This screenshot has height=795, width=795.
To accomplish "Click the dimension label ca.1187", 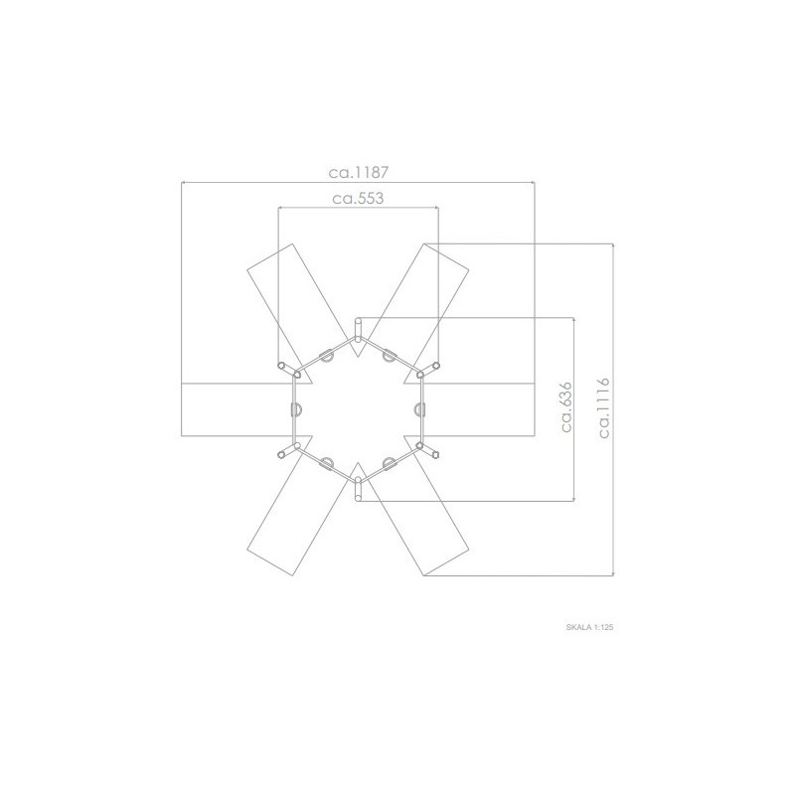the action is tap(359, 173).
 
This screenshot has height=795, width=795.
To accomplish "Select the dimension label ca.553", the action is tap(358, 198).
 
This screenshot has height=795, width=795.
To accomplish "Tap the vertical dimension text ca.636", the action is tap(566, 407).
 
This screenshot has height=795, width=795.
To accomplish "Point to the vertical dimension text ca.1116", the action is tap(604, 407).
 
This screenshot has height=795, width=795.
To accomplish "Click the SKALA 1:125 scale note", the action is tap(589, 627).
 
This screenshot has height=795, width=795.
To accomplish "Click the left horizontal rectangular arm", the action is tap(238, 409).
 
